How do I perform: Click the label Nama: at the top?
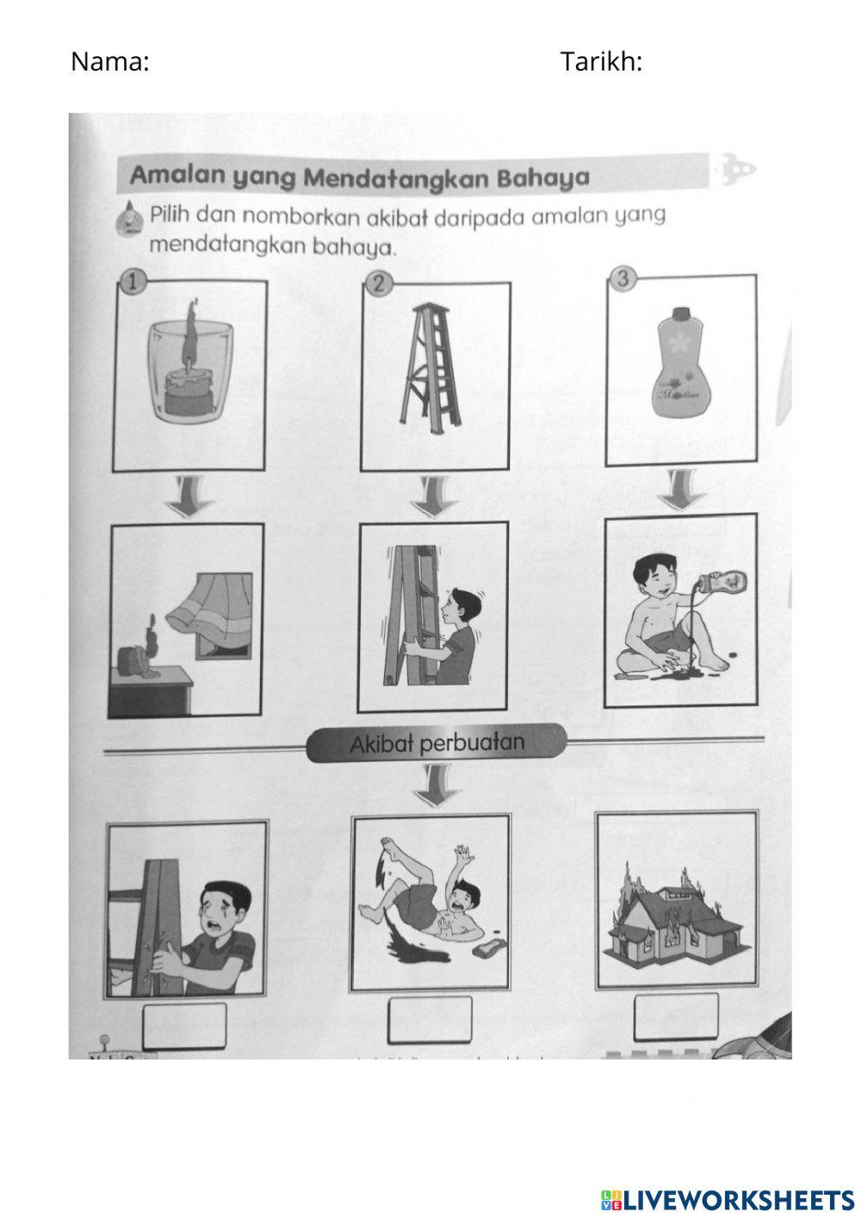pyautogui.click(x=109, y=61)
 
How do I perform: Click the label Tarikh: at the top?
pyautogui.click(x=601, y=61)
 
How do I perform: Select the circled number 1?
pyautogui.click(x=131, y=280)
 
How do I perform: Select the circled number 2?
pyautogui.click(x=378, y=283)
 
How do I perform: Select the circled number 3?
pyautogui.click(x=624, y=277)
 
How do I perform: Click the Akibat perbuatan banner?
pyautogui.click(x=437, y=743)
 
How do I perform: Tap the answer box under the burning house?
pyautogui.click(x=675, y=1017)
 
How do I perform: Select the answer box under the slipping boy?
pyautogui.click(x=430, y=1020)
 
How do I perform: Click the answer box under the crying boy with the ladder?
pyautogui.click(x=185, y=1026)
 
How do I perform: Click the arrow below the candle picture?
pyautogui.click(x=189, y=495)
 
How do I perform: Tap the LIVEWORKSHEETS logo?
pyautogui.click(x=728, y=1198)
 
